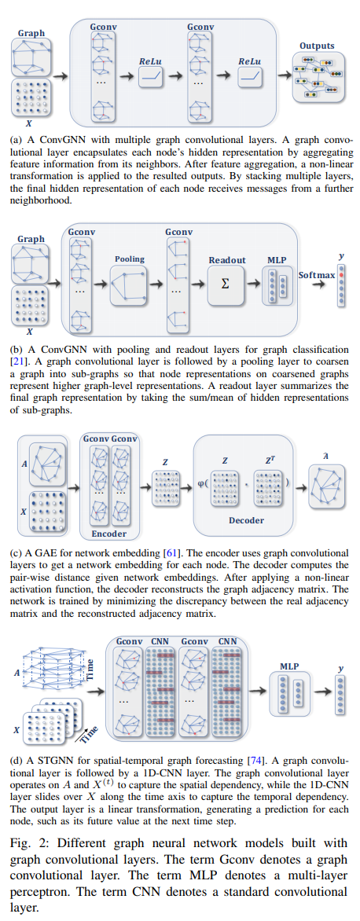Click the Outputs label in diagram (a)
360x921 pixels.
[x=317, y=46]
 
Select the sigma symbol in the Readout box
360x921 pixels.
[x=225, y=284]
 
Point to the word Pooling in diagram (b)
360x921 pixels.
[x=130, y=259]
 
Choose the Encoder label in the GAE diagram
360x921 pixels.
[x=109, y=534]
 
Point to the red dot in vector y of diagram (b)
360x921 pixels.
[x=340, y=273]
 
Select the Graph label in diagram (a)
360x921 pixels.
[x=31, y=34]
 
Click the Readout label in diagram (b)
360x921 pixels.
[x=226, y=260]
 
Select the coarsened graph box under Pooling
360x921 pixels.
[x=129, y=285]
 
